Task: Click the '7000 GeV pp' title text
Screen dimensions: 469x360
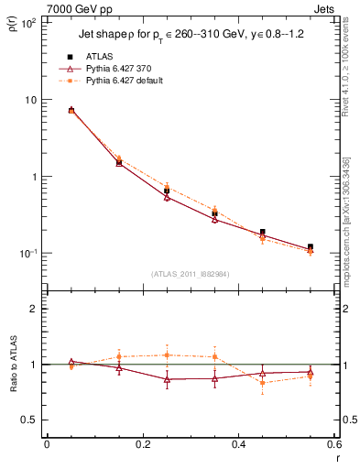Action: pos(77,7)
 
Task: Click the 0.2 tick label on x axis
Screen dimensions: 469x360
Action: pos(142,445)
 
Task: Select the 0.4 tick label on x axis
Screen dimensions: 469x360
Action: pos(238,445)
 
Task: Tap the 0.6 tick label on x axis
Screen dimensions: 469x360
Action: pos(333,445)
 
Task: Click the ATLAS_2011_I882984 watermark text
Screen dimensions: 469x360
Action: pos(190,274)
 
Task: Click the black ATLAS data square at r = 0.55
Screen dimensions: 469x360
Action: pos(311,247)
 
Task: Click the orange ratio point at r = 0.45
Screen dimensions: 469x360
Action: pos(263,382)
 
